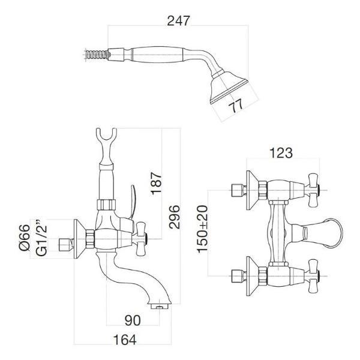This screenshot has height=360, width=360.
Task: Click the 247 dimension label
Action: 178,20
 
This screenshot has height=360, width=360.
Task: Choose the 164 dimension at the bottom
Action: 124,340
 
